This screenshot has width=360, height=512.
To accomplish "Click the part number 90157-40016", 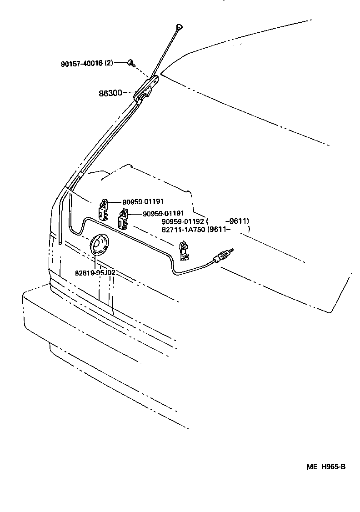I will tap(82, 64).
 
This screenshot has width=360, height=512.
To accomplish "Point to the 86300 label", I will tap(110, 93).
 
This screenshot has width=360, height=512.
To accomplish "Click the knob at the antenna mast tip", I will tap(179, 28).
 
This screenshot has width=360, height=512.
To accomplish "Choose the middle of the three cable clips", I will tap(123, 219).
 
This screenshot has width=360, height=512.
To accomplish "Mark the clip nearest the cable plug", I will tap(184, 251).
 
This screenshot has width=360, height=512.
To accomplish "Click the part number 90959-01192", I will tap(184, 222).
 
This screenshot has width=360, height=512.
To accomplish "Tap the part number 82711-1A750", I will tap(183, 230).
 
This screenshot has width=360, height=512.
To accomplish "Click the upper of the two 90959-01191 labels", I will tap(143, 202).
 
